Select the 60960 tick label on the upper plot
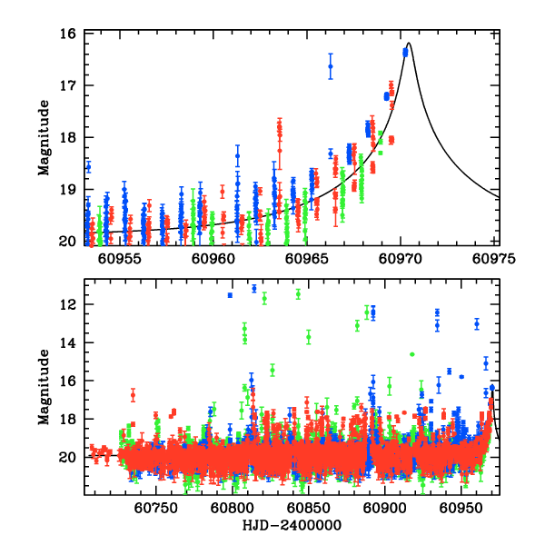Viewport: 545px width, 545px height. (213, 257)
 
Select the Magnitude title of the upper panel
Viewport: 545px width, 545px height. (44, 137)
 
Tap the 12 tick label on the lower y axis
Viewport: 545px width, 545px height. (69, 304)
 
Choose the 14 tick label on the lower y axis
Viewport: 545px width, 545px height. (69, 342)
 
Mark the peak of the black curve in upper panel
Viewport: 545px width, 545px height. (410, 43)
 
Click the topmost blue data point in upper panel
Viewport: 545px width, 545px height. (405, 52)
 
